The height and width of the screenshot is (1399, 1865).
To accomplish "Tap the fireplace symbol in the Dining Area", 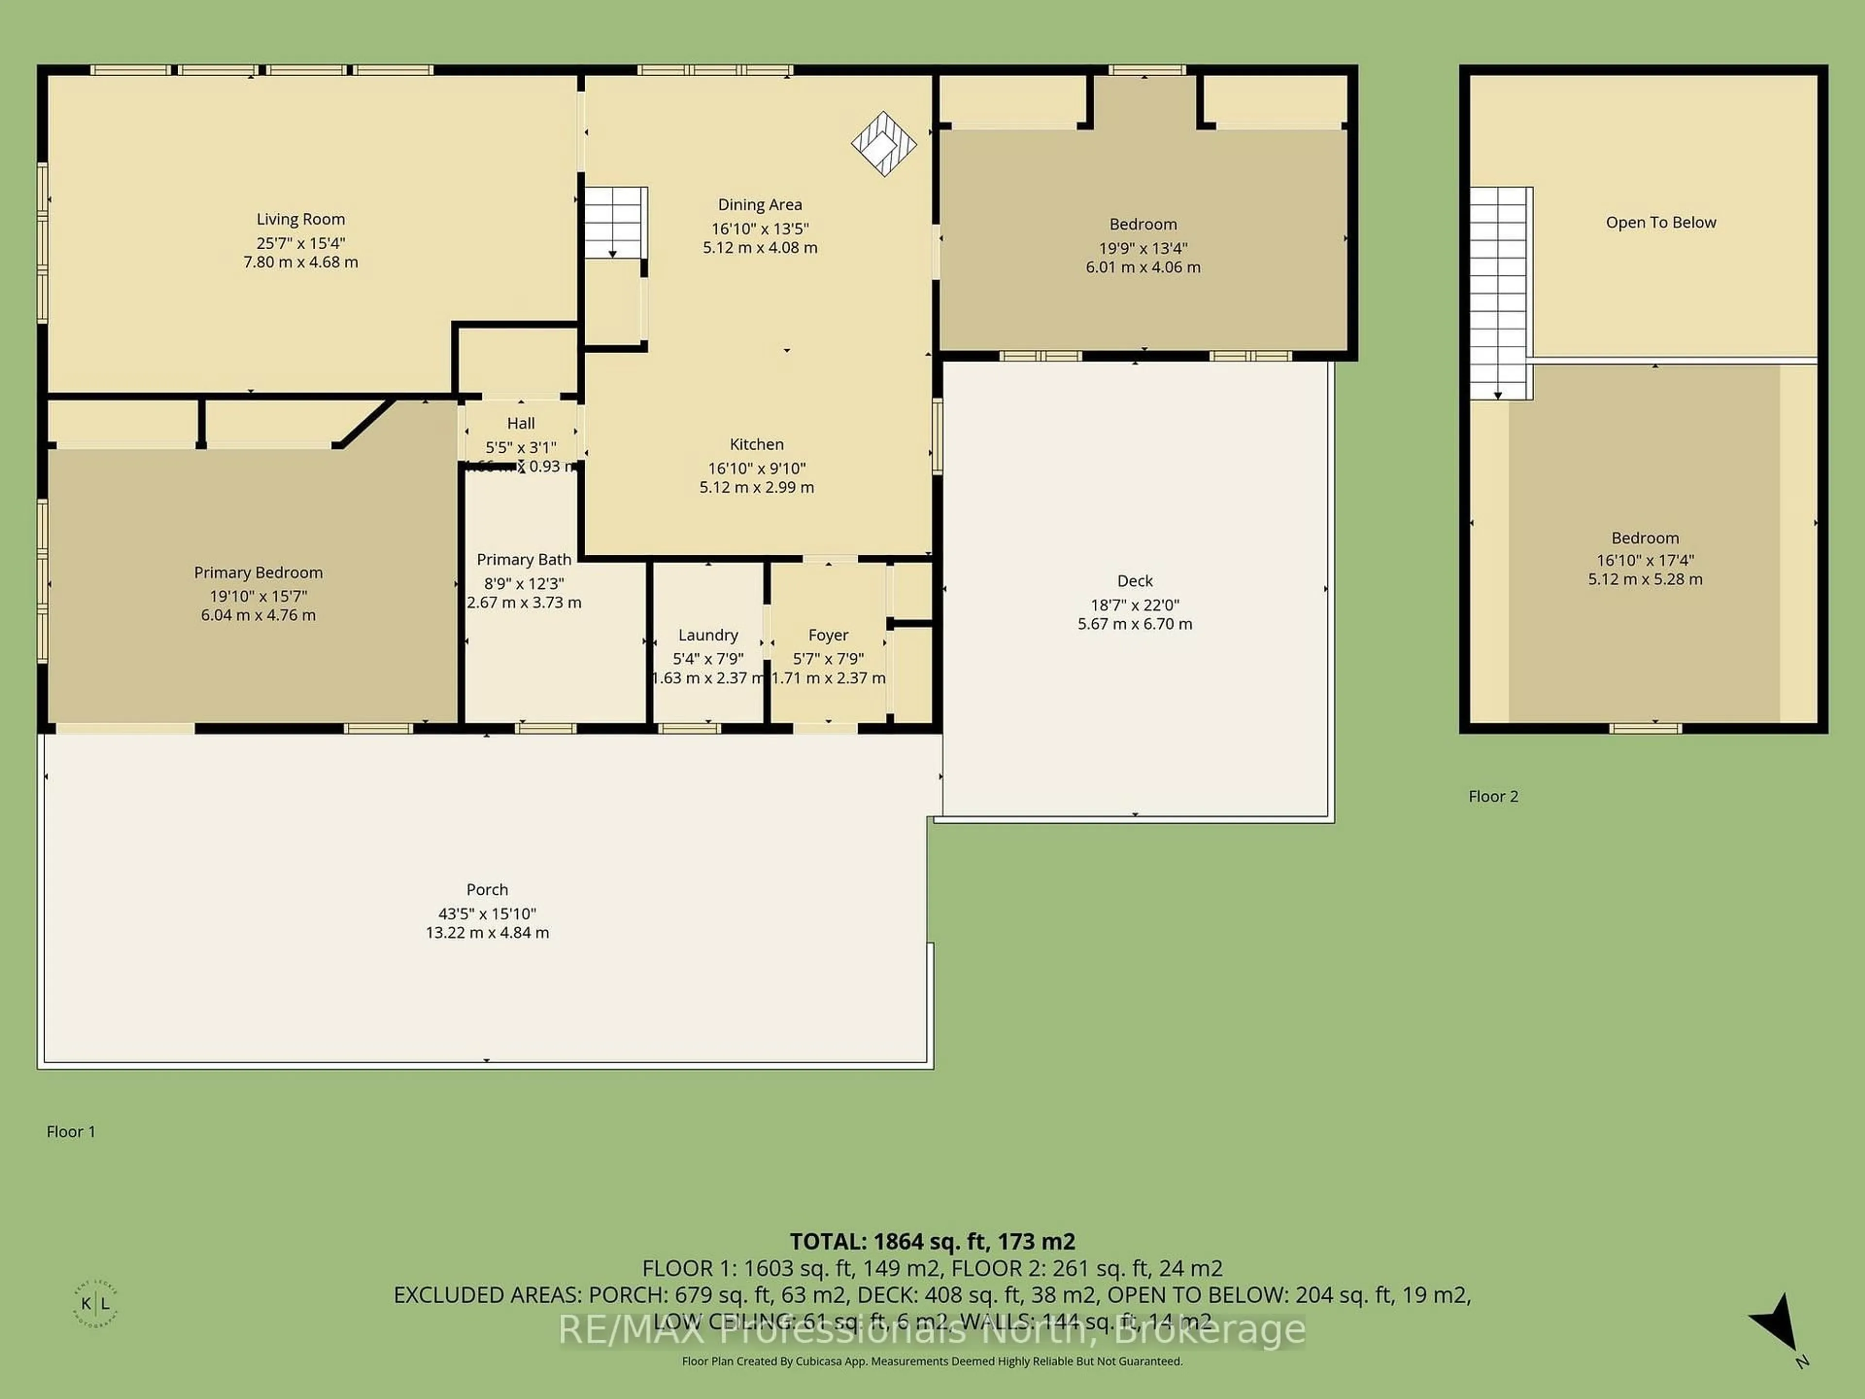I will [883, 144].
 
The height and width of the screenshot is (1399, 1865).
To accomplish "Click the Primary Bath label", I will [524, 560].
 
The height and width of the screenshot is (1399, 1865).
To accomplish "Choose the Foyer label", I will [828, 635].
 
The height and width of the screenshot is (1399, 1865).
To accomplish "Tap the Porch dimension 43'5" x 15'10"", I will [487, 913].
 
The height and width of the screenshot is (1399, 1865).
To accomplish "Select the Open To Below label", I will [1660, 222].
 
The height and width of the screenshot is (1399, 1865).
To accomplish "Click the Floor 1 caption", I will [71, 1132].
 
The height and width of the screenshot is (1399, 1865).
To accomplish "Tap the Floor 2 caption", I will [1492, 796].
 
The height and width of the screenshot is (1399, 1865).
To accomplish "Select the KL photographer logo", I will [95, 1304].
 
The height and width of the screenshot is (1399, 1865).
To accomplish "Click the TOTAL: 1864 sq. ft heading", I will [932, 1241].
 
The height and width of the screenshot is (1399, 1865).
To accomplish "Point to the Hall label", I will [520, 423].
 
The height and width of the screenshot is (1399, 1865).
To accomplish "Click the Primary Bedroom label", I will [258, 573].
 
